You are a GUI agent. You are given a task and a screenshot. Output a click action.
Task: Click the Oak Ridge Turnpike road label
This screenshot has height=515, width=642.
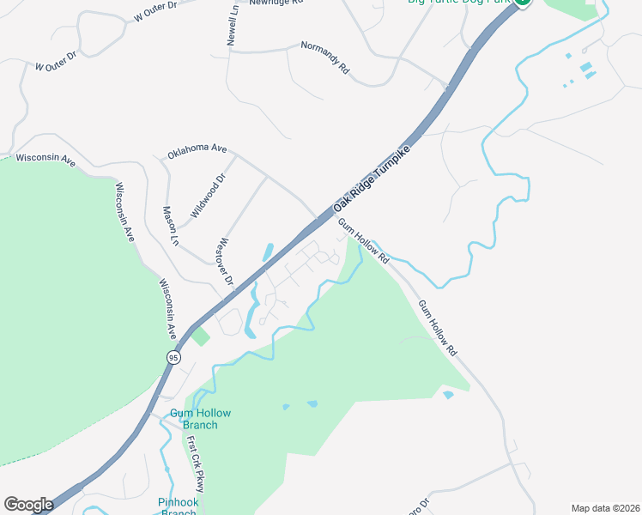[371, 178]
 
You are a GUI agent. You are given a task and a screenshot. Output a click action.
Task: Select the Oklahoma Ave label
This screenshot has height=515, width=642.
[197, 148]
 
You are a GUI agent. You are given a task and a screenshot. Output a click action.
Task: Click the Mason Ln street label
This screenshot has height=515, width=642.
[170, 227]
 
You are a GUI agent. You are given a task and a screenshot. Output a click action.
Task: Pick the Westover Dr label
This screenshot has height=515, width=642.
[227, 261]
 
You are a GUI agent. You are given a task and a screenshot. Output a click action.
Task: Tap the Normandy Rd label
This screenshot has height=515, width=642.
[325, 56]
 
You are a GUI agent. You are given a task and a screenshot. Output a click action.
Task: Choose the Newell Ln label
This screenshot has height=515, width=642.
[233, 23]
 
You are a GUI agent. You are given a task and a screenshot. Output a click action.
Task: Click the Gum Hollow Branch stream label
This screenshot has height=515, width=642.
[193, 419]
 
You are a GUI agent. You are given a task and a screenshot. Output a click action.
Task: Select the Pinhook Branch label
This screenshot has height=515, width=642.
[179, 506]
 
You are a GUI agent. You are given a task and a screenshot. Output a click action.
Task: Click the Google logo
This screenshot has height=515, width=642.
[28, 505]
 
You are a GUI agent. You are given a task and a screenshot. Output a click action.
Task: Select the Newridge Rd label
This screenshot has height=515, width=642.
[276, 3]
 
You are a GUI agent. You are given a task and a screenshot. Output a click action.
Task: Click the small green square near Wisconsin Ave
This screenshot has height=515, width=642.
[200, 336]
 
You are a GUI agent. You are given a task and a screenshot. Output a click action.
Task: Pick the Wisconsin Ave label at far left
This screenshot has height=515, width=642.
[45, 159]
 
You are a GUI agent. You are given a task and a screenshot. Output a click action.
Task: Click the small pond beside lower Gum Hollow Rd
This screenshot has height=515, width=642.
[448, 395]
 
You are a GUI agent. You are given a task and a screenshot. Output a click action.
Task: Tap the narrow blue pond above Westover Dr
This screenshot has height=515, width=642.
[268, 251]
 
